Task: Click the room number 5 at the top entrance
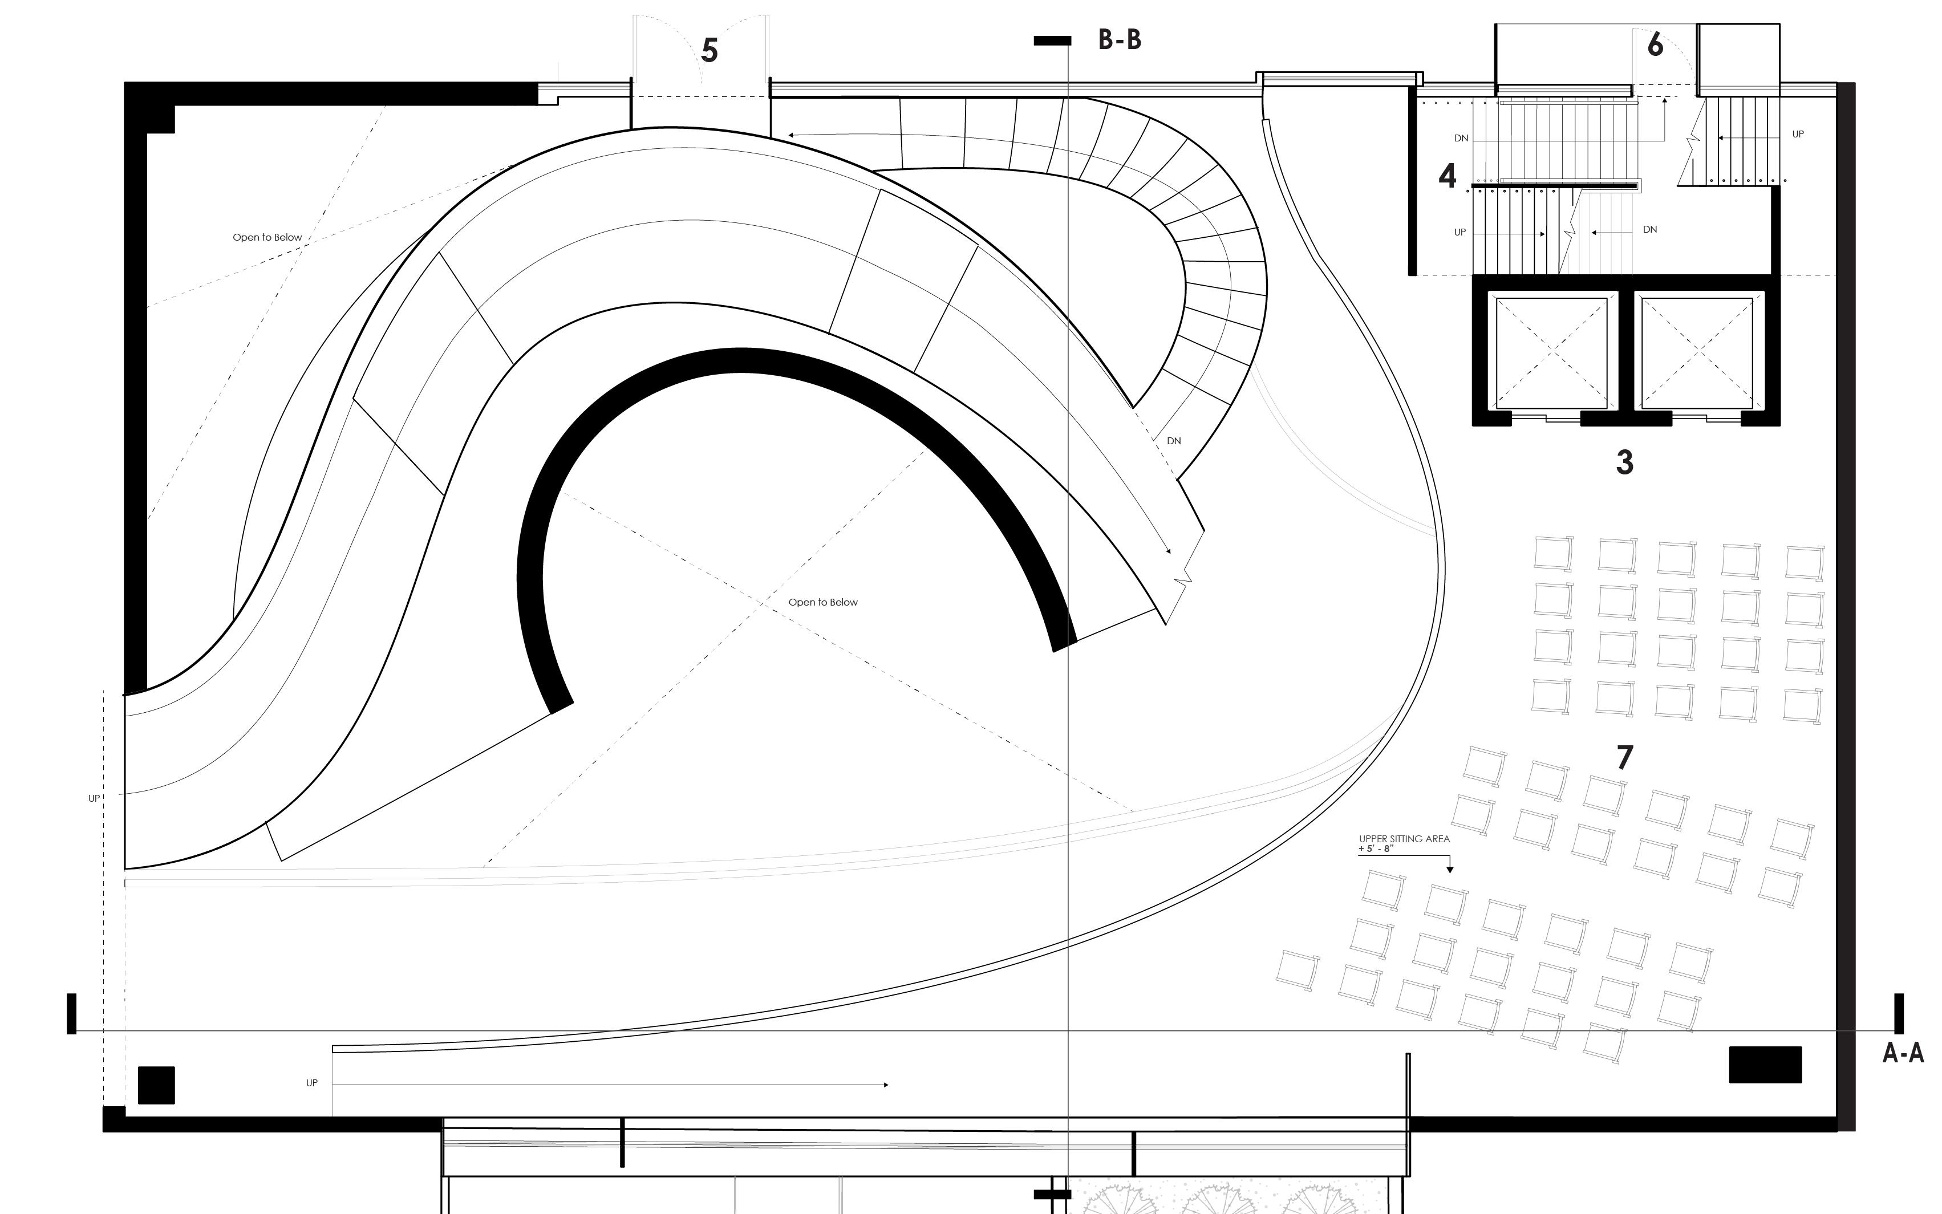point(709,51)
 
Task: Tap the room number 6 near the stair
point(1655,45)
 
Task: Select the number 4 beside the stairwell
point(1447,176)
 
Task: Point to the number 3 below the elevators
point(1624,462)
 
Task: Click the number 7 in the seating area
point(1624,757)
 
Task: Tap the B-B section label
point(1119,40)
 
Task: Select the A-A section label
point(1903,1053)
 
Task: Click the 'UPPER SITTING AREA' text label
point(1404,839)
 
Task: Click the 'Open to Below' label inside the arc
point(823,602)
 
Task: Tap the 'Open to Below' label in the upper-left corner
point(267,238)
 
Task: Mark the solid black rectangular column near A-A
point(1765,1065)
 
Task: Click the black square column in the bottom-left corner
point(156,1085)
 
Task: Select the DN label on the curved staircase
point(1174,441)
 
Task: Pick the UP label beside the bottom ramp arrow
point(311,1083)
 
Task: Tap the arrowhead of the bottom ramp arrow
point(886,1085)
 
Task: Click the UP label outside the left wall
point(94,799)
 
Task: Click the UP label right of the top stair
point(1798,134)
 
